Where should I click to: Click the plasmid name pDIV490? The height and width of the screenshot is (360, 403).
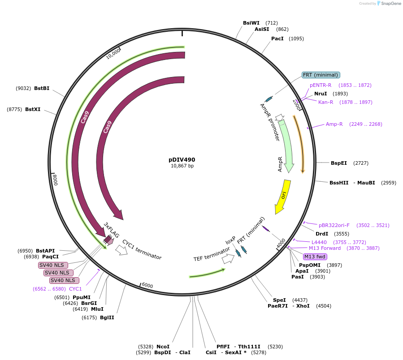182,159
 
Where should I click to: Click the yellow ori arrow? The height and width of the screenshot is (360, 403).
282,196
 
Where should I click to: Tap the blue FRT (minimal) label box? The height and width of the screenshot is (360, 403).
321,75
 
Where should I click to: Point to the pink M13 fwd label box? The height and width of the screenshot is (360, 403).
315,257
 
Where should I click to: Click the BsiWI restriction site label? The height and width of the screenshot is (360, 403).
251,23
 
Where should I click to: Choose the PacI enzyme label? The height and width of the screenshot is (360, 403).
277,39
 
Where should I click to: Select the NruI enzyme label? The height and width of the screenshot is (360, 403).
321,94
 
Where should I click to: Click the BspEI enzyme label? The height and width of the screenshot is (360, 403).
339,163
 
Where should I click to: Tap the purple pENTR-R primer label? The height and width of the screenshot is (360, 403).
321,85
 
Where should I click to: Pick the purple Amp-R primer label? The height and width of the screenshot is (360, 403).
334,124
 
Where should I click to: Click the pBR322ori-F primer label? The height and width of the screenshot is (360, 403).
334,225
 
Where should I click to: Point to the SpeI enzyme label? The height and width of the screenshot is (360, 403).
279,300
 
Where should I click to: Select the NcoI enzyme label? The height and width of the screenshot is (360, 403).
163,347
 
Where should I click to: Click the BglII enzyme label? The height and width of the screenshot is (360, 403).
107,317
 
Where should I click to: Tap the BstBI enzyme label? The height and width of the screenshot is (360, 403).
42,88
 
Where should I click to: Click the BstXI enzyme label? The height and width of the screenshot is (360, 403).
33,109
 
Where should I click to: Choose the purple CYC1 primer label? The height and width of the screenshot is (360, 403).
75,289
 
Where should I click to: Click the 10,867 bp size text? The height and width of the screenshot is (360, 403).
182,166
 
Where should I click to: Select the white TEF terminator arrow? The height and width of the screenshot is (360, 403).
228,258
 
